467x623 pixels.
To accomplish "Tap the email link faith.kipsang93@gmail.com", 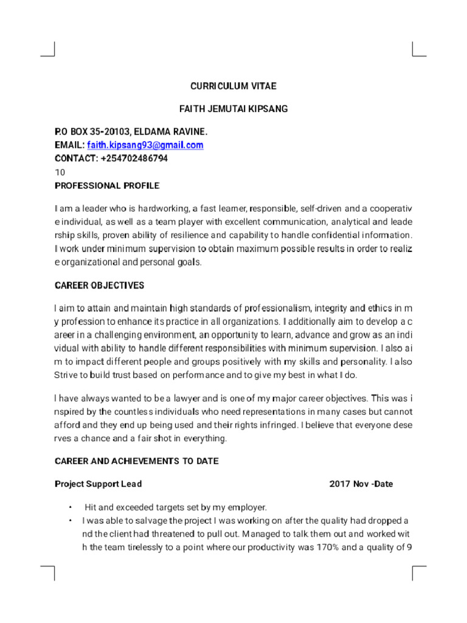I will (145, 145).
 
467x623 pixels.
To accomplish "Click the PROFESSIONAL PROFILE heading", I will (107, 185).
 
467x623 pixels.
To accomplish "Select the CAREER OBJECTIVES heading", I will (100, 285).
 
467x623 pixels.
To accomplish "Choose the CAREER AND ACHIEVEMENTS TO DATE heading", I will (137, 461).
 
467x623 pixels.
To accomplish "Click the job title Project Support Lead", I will (99, 484).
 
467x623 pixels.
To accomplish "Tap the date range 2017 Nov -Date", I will (361, 484).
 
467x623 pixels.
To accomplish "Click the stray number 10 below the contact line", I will (60, 172).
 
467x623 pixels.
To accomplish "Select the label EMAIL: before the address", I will (69, 145).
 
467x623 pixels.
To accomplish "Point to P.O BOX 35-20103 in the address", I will (91, 131).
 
